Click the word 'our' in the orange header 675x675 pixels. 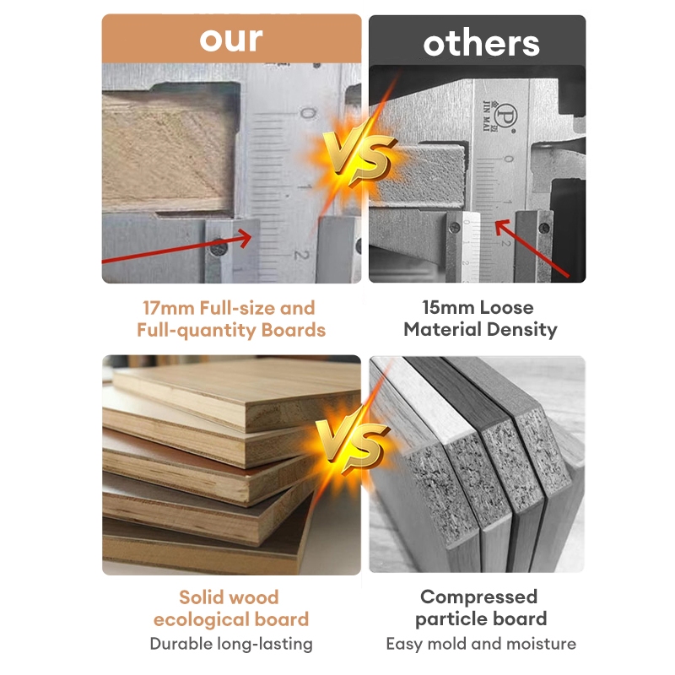click(x=231, y=40)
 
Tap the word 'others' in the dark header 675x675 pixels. click(x=481, y=44)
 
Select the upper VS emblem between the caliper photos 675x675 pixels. click(x=359, y=156)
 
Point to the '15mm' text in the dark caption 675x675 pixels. click(x=448, y=308)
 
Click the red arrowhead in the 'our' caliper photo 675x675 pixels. click(x=244, y=238)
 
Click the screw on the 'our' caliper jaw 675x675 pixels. click(x=219, y=248)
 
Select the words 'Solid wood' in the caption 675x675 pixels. click(x=229, y=597)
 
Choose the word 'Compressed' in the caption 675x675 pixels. click(x=478, y=597)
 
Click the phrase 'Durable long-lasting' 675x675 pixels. click(x=231, y=644)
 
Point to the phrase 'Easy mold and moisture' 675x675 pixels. click(x=481, y=644)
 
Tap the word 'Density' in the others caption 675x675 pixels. click(x=521, y=330)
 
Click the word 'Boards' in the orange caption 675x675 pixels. click(x=293, y=330)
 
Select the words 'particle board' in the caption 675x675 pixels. click(x=481, y=619)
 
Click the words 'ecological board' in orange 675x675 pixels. click(x=231, y=620)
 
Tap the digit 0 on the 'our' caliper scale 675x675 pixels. click(x=307, y=114)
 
